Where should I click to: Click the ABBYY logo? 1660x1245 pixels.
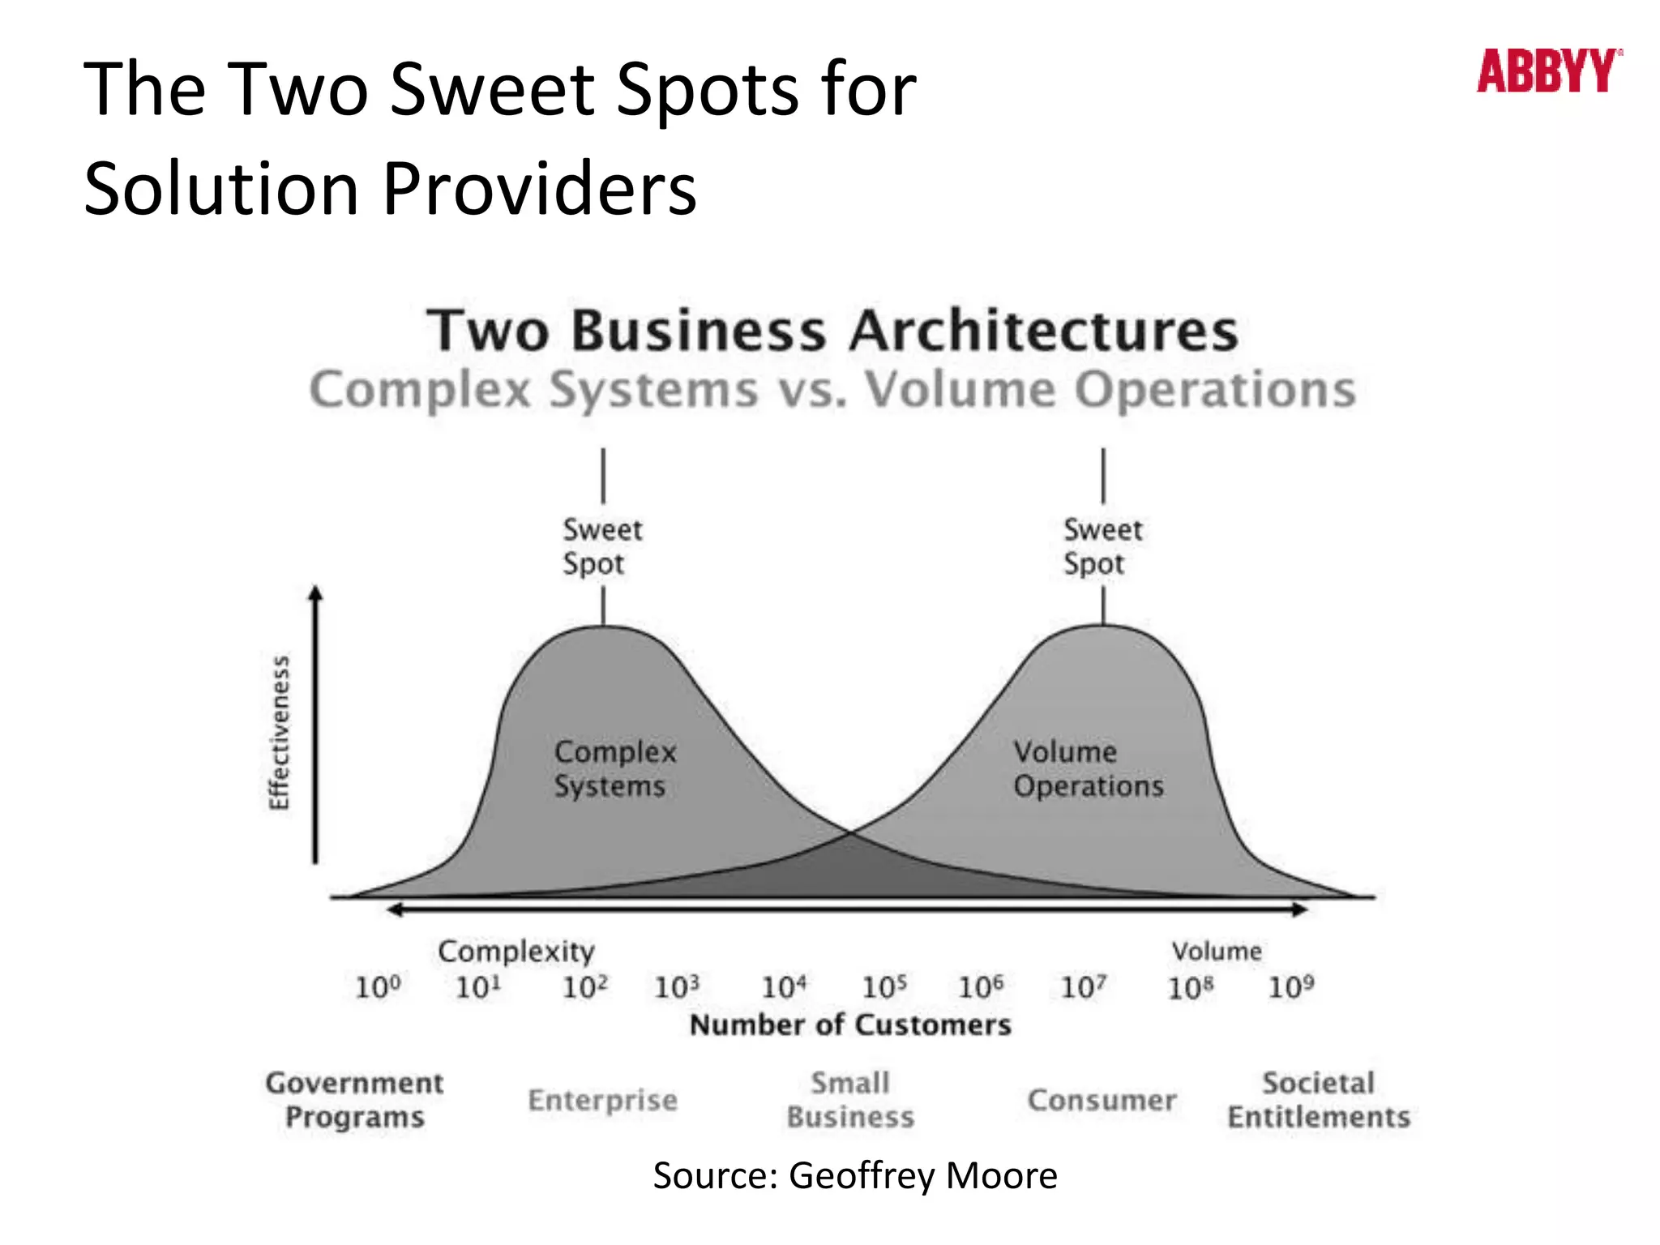tap(1548, 71)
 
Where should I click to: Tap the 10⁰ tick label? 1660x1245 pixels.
tap(378, 987)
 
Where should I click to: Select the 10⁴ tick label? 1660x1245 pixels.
tap(783, 987)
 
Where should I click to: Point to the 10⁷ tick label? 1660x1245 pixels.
tap(1083, 987)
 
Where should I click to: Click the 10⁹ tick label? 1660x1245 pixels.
tap(1290, 987)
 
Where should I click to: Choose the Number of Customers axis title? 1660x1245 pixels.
tap(850, 1025)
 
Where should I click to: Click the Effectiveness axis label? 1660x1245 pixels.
tap(279, 733)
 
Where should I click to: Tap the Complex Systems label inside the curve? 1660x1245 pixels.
tap(614, 768)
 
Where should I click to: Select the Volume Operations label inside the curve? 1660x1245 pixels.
tap(1088, 768)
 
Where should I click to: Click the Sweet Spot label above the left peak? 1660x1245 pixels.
tap(601, 546)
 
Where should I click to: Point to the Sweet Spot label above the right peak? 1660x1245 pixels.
tap(1102, 546)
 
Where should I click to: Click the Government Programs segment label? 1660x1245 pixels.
tap(354, 1100)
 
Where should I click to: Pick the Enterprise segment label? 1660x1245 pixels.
tap(602, 1101)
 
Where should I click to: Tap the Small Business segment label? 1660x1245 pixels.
tap(850, 1100)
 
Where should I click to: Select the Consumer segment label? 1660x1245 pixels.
tap(1102, 1101)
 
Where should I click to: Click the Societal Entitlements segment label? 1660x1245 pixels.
tap(1319, 1100)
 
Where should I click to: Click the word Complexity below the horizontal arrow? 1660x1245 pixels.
tap(516, 952)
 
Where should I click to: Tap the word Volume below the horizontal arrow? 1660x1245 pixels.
tap(1216, 952)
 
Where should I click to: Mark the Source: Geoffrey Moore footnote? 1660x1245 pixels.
tap(855, 1176)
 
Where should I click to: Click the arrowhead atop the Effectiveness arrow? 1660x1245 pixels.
tap(316, 593)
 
